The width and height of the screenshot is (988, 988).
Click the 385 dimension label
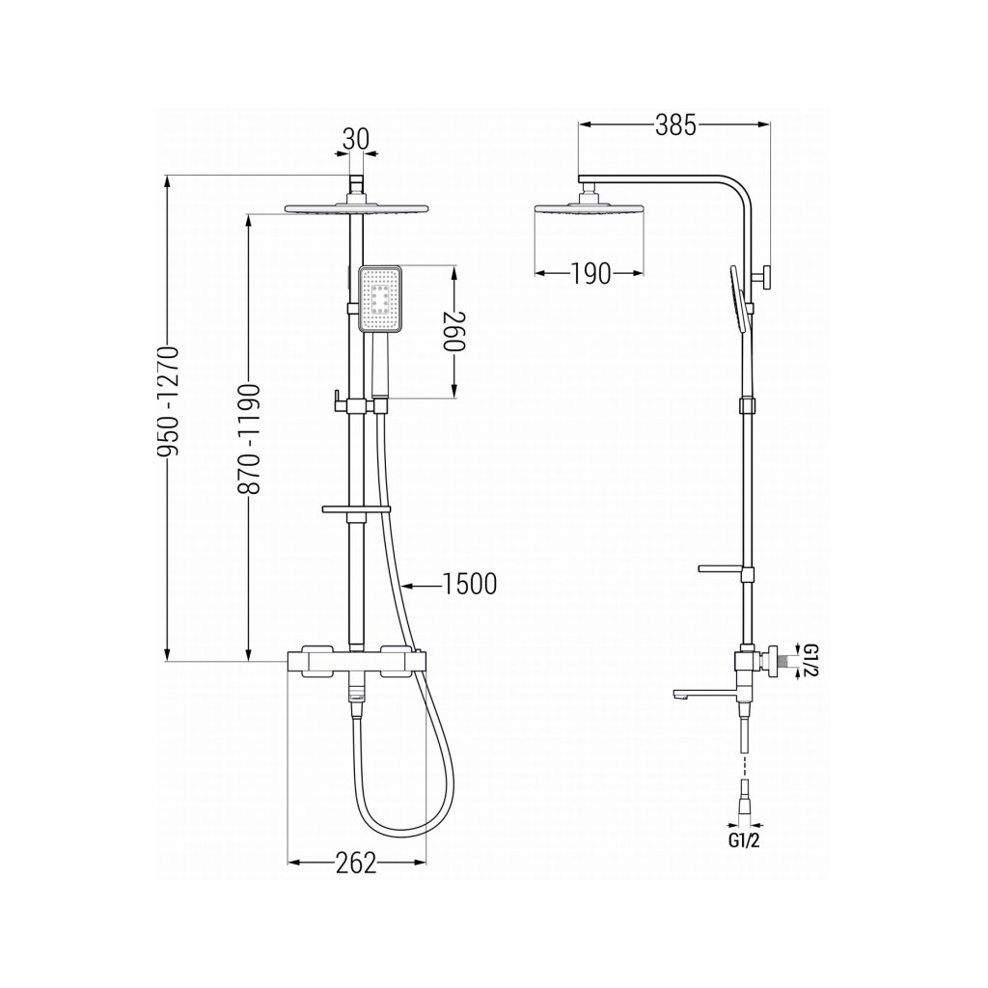[x=674, y=125]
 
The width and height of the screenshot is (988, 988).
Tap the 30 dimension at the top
[x=356, y=139]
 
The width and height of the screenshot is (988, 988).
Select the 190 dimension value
[x=591, y=273]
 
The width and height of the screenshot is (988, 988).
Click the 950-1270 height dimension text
[x=170, y=400]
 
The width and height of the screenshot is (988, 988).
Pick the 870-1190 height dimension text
[x=249, y=438]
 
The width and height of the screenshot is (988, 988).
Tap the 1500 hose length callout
[x=470, y=584]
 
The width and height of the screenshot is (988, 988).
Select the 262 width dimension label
[x=356, y=864]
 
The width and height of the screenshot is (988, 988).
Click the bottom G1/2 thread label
[x=744, y=840]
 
